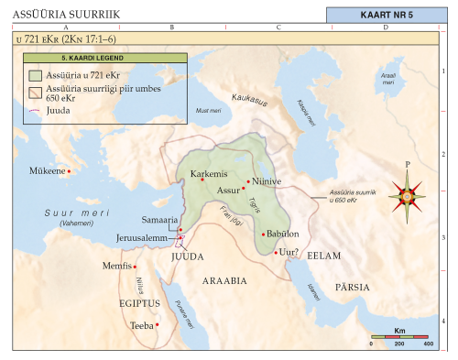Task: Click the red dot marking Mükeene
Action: (x=69, y=170)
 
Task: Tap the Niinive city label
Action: (x=267, y=181)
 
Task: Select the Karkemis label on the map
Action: (x=207, y=172)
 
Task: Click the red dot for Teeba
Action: (x=157, y=324)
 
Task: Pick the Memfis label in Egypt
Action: (x=120, y=267)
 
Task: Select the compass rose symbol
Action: (x=407, y=192)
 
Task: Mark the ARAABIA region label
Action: (x=224, y=281)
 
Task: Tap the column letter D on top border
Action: (x=386, y=28)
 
